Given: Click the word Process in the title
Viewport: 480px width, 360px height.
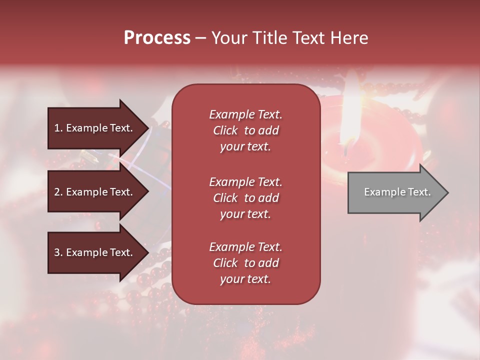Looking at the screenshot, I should click(x=157, y=37).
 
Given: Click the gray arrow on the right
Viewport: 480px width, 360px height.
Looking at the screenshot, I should click(x=395, y=192).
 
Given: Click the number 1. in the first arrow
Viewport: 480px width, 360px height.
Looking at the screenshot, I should click(x=58, y=128).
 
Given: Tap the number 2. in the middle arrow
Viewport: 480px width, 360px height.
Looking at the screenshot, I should click(x=58, y=192).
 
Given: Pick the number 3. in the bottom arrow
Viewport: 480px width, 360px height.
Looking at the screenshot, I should click(x=58, y=252).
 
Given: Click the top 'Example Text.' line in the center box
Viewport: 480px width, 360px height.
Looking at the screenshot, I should click(x=245, y=114).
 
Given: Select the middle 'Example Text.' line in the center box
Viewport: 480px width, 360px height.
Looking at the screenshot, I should click(x=245, y=181).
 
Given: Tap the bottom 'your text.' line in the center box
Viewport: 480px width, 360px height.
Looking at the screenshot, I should click(x=245, y=279).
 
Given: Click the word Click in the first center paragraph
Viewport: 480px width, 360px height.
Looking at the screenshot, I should click(x=225, y=130).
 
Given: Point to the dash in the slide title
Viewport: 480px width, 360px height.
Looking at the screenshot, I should click(x=200, y=38).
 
